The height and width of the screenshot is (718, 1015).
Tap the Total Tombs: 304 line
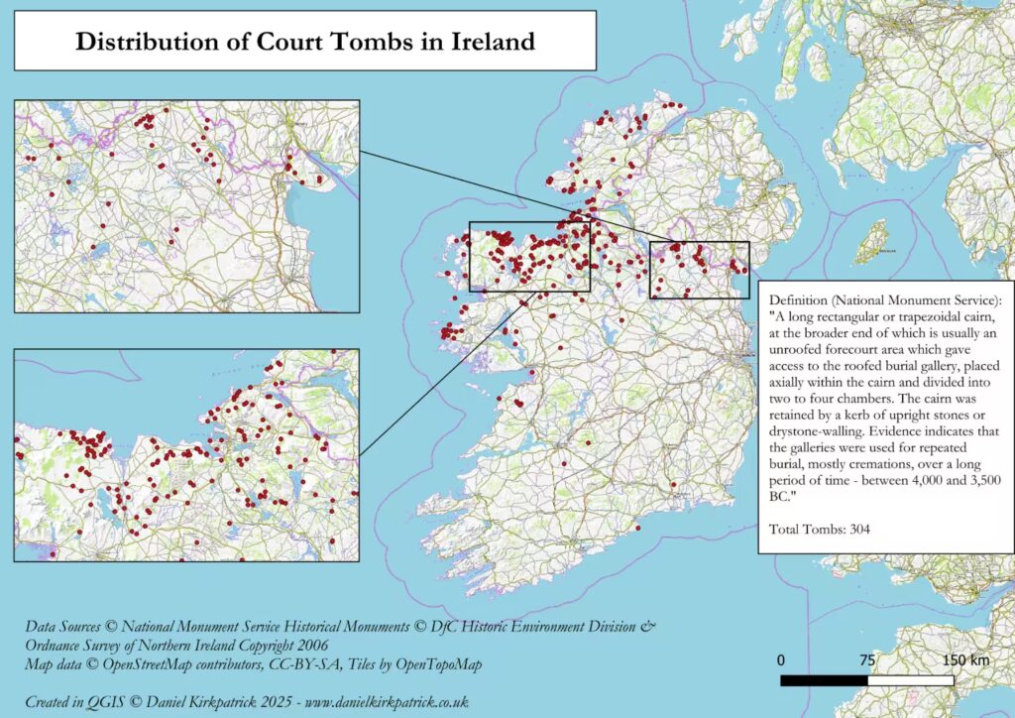tap(819, 529)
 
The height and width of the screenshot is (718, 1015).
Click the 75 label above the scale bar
tap(867, 660)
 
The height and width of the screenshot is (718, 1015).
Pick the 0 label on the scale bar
tap(781, 660)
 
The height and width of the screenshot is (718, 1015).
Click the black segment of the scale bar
tap(824, 681)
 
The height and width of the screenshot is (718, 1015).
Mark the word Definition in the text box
tap(800, 299)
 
